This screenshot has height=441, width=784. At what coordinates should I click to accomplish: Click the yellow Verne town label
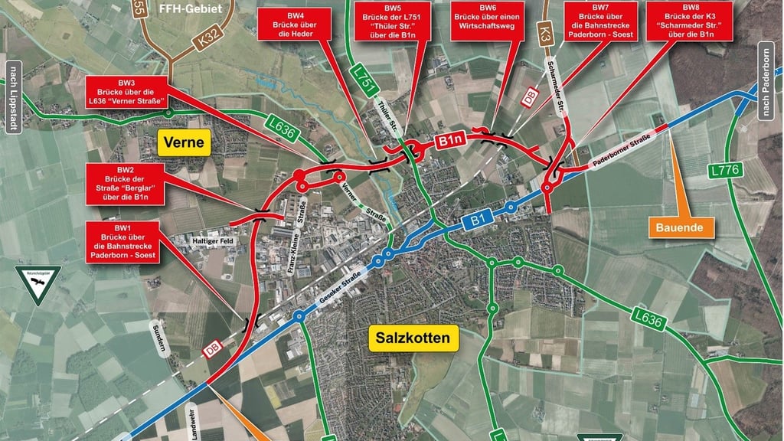(184, 142)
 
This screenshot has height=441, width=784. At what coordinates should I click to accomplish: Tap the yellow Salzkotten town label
(413, 337)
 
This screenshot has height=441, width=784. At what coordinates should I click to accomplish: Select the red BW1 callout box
(123, 243)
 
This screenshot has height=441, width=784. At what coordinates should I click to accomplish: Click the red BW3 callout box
(126, 95)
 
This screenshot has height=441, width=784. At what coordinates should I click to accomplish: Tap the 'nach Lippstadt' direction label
(11, 95)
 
